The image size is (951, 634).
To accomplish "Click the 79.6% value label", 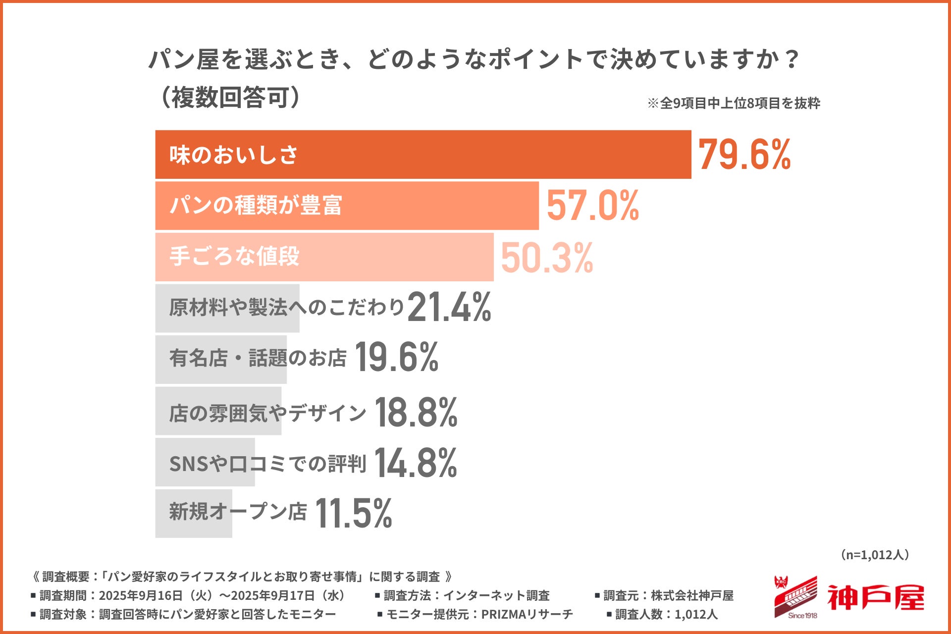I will [744, 155].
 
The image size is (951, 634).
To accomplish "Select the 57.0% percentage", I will [592, 206].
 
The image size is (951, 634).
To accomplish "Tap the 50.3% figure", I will [547, 258].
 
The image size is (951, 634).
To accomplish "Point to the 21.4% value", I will [449, 307].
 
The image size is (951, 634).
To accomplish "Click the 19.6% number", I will [396, 357].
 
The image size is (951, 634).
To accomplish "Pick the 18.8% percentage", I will [416, 412].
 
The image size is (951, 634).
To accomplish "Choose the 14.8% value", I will [416, 463].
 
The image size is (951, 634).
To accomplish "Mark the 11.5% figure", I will [353, 513].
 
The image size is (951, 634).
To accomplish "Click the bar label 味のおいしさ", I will [233, 155].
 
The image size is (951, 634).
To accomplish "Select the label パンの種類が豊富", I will [256, 206].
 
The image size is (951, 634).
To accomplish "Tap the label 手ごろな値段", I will [234, 257].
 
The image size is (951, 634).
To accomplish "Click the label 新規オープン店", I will [238, 512].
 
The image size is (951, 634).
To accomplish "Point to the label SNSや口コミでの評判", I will [267, 464].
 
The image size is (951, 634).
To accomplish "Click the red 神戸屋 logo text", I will [875, 598].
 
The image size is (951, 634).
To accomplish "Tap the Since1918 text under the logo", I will [802, 616].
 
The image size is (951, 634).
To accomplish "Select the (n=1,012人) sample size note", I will [875, 555].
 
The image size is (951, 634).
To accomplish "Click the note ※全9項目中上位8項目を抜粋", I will [734, 103].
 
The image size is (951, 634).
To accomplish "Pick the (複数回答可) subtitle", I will [231, 97].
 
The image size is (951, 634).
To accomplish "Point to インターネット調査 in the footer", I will [496, 595].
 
